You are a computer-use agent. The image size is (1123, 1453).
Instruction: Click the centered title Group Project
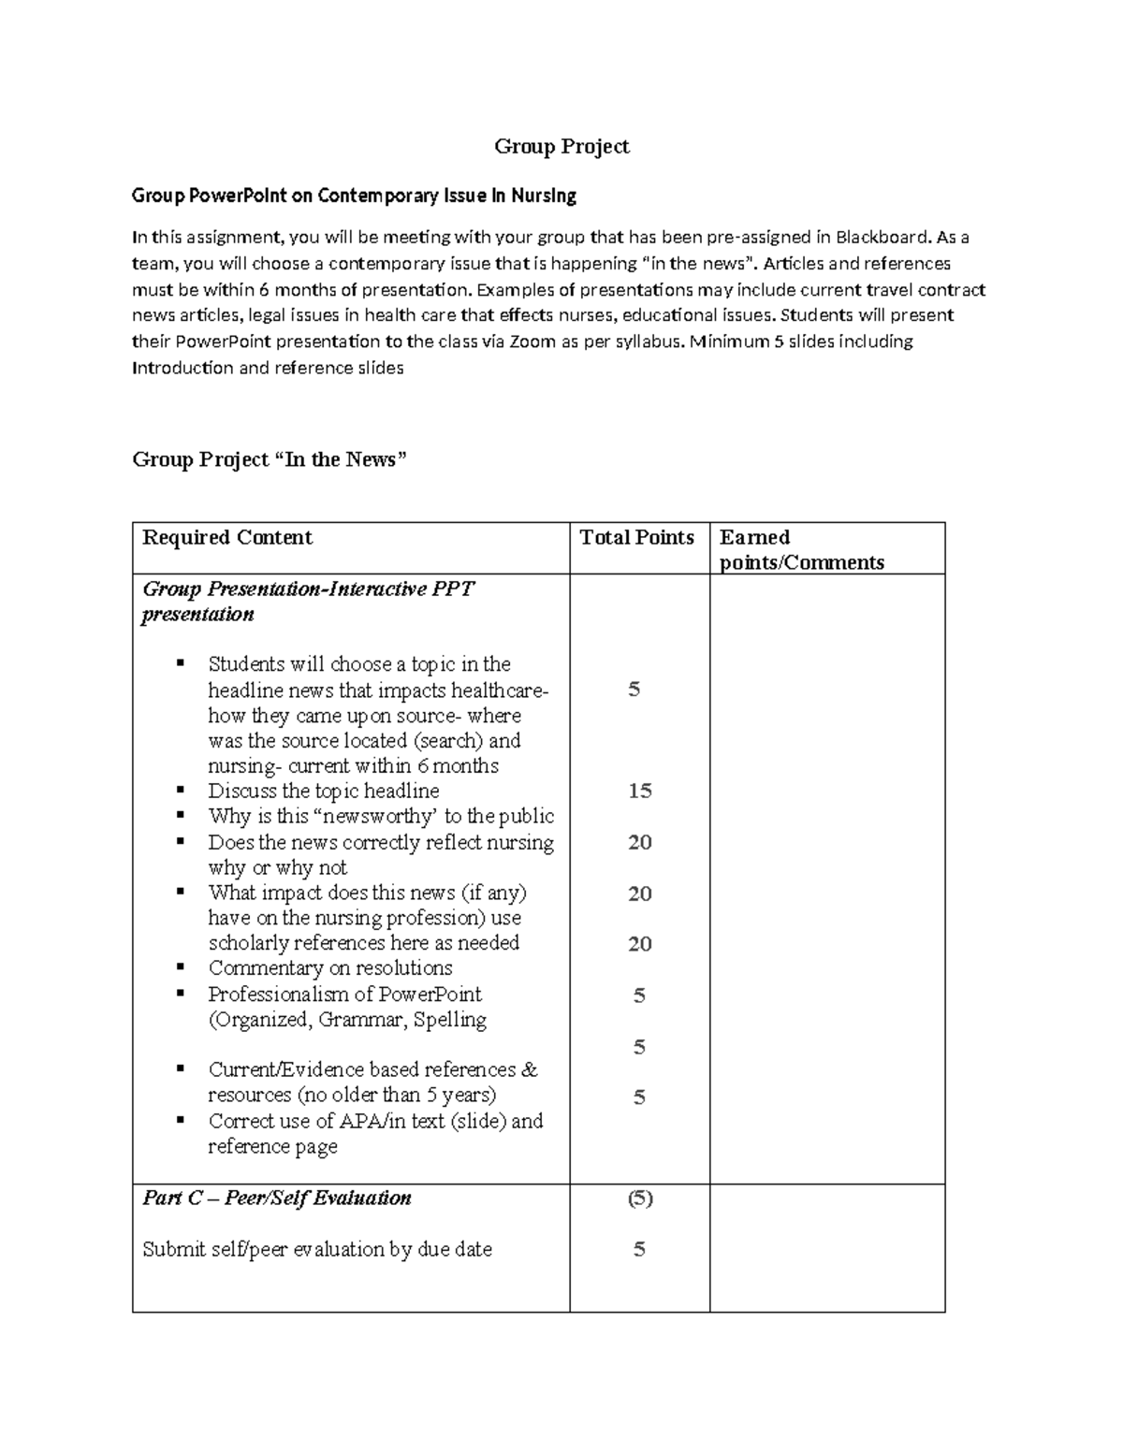[x=561, y=146]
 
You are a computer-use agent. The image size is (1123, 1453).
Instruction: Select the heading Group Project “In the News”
[x=270, y=459]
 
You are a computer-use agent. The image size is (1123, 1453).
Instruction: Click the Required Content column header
[x=227, y=537]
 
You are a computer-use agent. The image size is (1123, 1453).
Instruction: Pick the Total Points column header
[x=636, y=537]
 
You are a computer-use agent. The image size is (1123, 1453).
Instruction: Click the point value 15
[x=639, y=791]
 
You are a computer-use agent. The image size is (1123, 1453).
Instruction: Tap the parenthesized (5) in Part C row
[x=639, y=1199]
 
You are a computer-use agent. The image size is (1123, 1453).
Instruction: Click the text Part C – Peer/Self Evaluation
[x=277, y=1199]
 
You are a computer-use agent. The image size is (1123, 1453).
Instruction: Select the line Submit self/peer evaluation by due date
[x=316, y=1249]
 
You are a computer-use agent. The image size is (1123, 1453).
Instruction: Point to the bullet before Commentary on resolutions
[x=180, y=967]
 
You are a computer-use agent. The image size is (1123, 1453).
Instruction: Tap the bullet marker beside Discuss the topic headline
[x=180, y=791]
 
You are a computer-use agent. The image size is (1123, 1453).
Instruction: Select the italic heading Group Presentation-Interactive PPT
[x=308, y=589]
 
